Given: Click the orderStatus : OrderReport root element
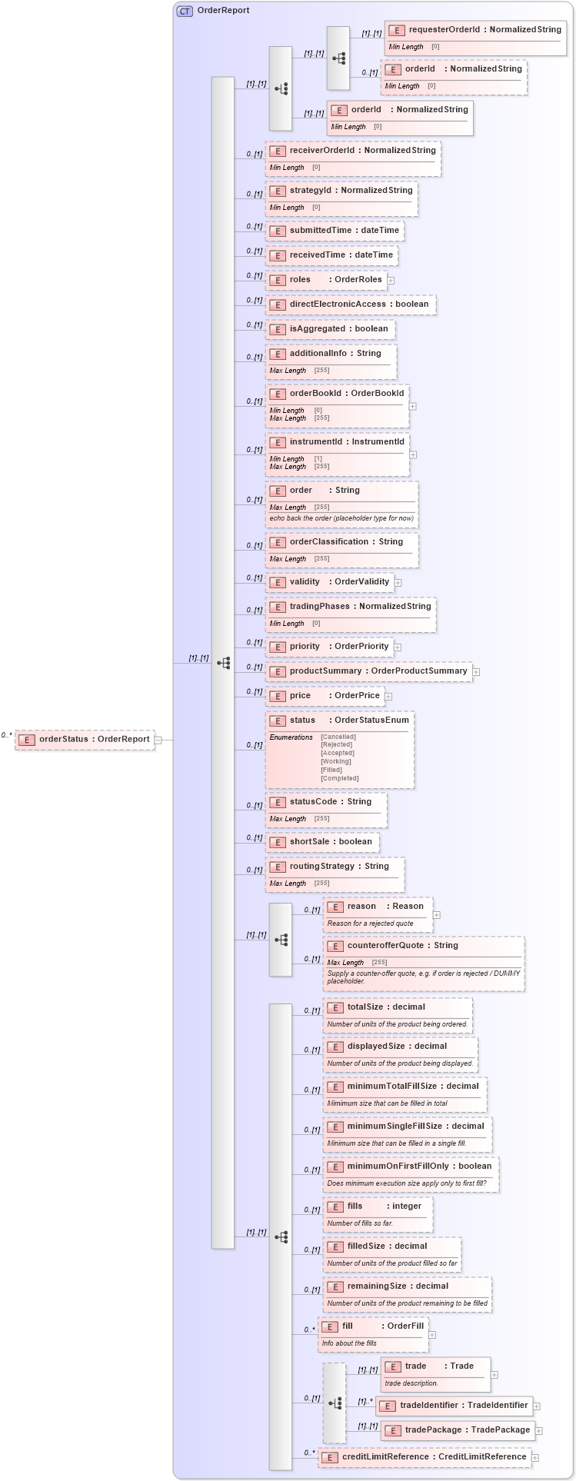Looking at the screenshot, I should click(x=85, y=740).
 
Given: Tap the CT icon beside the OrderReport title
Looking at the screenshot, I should click(x=185, y=11).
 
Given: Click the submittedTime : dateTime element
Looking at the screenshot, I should click(x=335, y=231).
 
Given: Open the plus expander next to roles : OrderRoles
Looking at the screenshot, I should click(x=391, y=281).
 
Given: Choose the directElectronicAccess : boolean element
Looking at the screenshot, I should click(x=351, y=305).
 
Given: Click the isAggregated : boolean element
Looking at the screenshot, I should click(x=331, y=329).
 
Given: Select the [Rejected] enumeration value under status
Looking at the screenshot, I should click(x=337, y=744).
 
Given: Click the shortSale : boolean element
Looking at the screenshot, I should click(x=322, y=842).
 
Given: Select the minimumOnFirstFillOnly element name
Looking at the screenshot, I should click(x=398, y=1166).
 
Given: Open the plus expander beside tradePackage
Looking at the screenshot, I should click(x=539, y=1431).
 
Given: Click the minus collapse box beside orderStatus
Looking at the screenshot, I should click(x=158, y=740).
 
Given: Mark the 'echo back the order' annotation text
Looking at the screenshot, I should click(x=341, y=518).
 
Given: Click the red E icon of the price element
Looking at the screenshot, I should click(x=278, y=697).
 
